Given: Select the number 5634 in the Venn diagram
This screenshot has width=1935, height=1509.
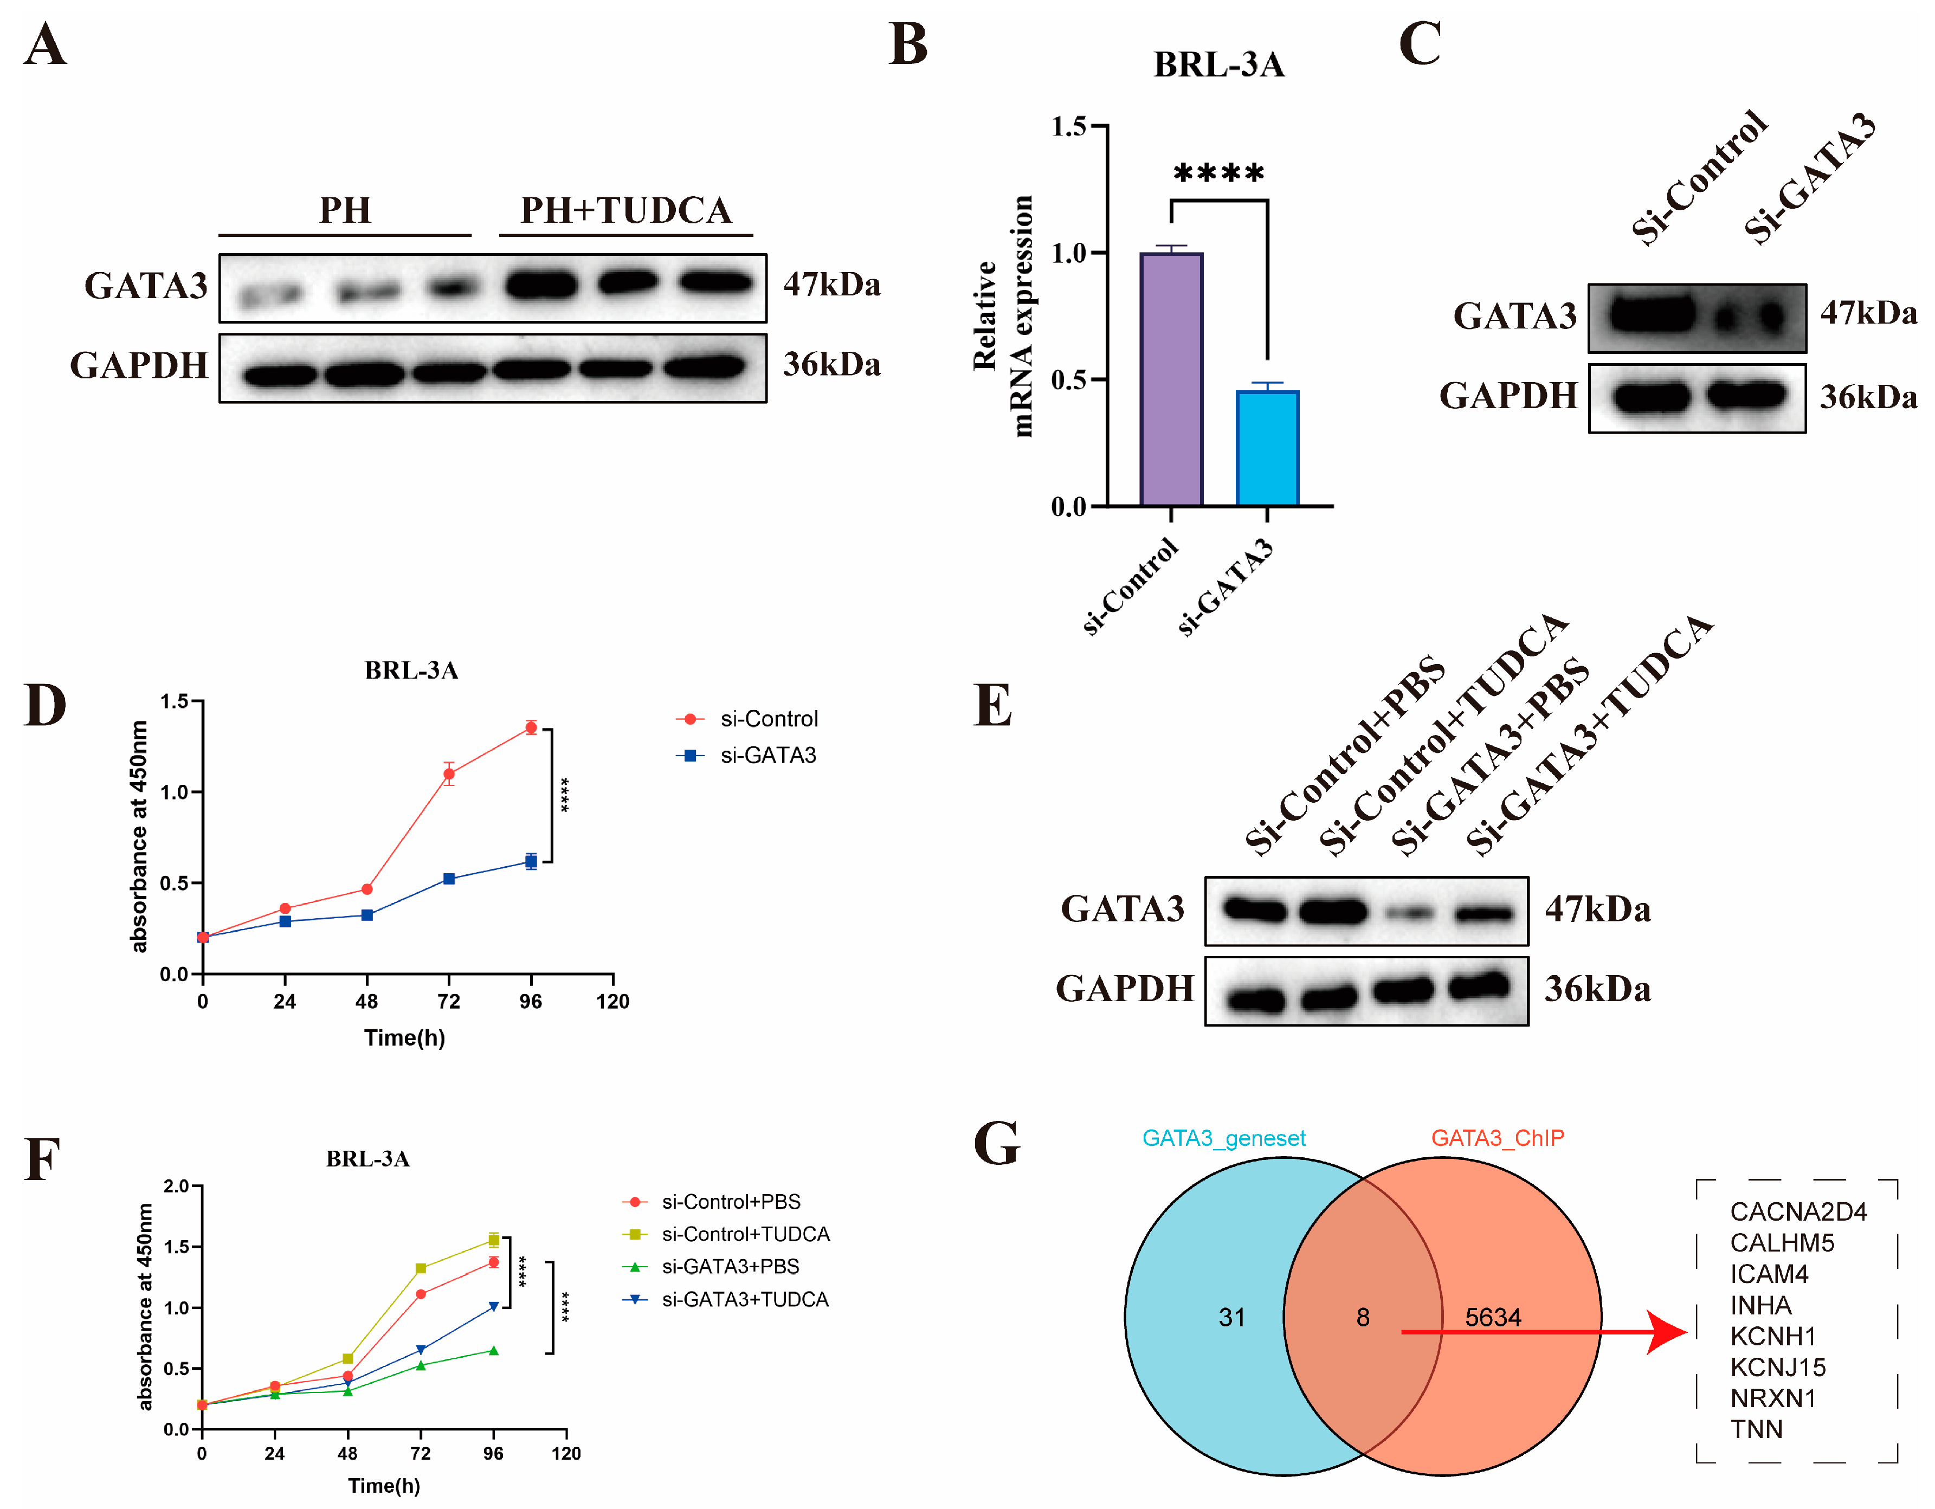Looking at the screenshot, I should (1493, 1318).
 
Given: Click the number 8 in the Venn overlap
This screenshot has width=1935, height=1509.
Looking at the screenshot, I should (1363, 1318).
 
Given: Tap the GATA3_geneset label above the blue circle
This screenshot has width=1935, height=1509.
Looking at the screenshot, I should (1223, 1138).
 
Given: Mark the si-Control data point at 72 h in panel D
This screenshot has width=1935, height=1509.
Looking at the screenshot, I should (449, 773).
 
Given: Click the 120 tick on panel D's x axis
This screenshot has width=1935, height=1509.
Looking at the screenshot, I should (612, 1001).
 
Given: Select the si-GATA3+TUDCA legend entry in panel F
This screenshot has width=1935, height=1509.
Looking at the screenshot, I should (744, 1299).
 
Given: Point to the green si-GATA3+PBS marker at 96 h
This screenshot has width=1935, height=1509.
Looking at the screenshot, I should (493, 1350).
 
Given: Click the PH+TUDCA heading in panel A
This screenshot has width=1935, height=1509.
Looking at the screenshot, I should (625, 211).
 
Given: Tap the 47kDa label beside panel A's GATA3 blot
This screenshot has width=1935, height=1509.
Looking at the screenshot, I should (831, 285).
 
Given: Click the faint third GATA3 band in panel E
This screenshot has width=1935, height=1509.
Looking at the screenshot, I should (1409, 912).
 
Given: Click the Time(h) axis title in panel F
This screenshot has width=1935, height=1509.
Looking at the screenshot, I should (384, 1485).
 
